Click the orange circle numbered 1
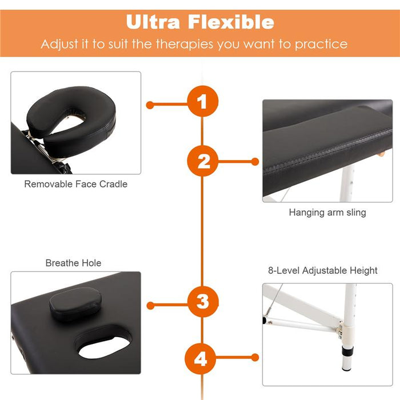[203, 101]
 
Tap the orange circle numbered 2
[203, 161]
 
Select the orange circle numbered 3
[203, 302]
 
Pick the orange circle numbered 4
[201, 359]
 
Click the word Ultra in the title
[153, 22]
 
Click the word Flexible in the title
[231, 22]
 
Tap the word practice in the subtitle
[321, 44]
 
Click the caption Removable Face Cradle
[76, 184]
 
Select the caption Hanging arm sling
[327, 212]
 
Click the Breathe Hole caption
[73, 263]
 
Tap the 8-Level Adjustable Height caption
[323, 270]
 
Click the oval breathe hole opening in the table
[105, 346]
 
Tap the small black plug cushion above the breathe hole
[75, 303]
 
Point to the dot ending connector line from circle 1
[150, 105]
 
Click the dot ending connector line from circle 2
[255, 162]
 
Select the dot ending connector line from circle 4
[255, 357]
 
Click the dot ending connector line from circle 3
[150, 305]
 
